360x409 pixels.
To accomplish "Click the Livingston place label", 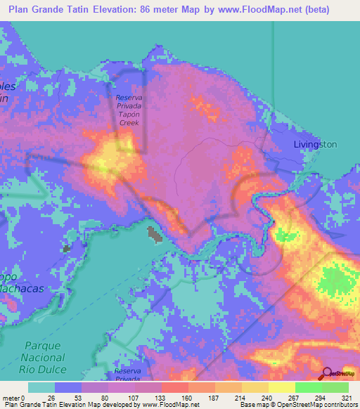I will [314, 144].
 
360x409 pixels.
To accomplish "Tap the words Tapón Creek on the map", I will [129, 117].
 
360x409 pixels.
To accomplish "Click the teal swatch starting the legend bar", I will [41, 387].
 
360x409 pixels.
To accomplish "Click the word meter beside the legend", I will [10, 397].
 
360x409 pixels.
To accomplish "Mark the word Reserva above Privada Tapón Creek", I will [129, 98].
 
